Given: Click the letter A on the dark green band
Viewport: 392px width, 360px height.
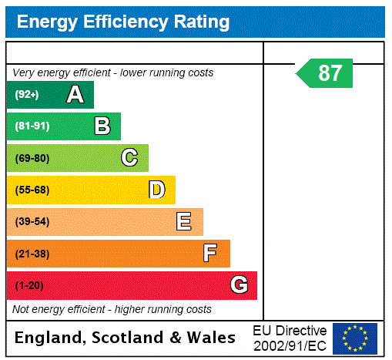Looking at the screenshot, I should pos(75,95).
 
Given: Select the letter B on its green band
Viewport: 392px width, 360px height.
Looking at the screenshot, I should pos(102,126).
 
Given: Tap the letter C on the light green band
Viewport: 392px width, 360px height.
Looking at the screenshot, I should pos(129,158).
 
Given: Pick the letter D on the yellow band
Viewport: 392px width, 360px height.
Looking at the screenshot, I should pos(156,190).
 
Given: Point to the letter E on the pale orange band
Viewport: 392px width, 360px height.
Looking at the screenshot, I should pos(184,222).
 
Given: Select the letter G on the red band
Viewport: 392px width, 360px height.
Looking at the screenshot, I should pos(239,285).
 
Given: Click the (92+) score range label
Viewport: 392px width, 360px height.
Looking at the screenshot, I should pos(26,95).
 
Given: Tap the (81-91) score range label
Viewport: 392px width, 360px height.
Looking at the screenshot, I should pos(32,126).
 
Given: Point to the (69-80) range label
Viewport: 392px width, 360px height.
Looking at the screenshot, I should pos(32,158).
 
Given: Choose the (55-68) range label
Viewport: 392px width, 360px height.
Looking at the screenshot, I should pos(32,190).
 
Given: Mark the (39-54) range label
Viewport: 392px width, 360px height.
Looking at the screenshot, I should pos(32,222).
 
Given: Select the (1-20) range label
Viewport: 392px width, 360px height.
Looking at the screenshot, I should pos(29,285).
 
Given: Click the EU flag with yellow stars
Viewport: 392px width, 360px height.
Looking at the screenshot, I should pos(355,338).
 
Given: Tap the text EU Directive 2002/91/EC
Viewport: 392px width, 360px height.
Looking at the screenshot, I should pos(290,338).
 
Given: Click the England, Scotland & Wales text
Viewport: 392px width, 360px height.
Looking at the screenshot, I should pos(126,338).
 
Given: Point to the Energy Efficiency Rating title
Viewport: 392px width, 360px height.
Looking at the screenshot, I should pos(123,22).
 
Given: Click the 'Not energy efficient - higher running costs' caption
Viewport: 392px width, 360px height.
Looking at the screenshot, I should pos(112,309).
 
